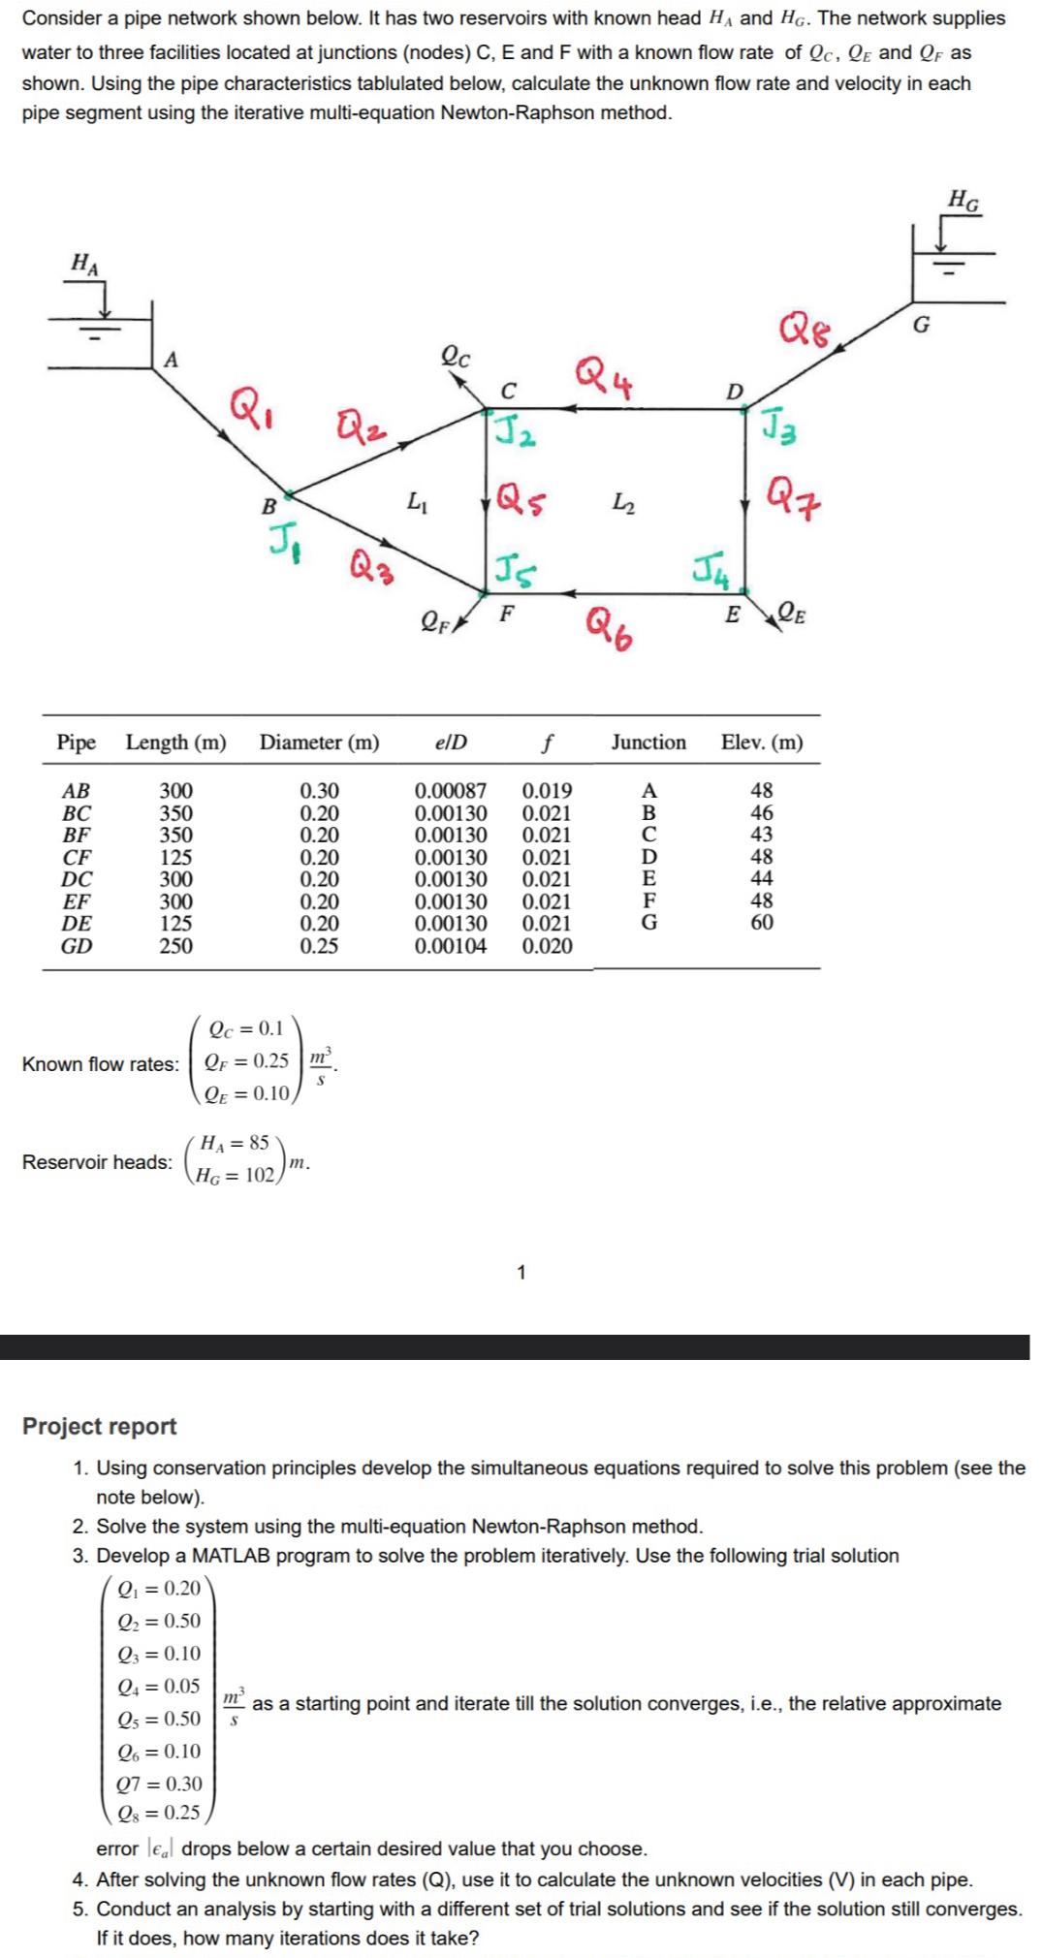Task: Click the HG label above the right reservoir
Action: [963, 202]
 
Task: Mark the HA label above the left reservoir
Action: [85, 263]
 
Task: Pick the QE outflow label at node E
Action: [793, 613]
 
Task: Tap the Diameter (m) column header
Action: [319, 742]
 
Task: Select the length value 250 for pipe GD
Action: [175, 946]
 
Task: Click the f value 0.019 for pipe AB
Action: [547, 791]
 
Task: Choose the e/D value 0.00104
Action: [451, 946]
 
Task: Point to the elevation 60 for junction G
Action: [762, 923]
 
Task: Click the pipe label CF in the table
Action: [77, 857]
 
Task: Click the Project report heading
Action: [100, 1426]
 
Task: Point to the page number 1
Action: [521, 1273]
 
